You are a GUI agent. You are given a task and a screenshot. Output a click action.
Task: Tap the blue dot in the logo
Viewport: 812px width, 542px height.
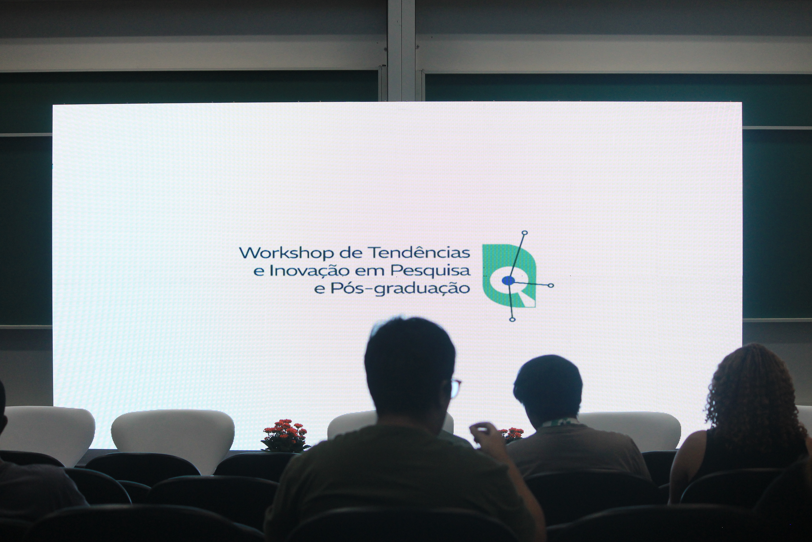click(x=508, y=280)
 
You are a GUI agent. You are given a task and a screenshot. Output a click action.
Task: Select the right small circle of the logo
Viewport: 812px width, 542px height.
click(x=551, y=286)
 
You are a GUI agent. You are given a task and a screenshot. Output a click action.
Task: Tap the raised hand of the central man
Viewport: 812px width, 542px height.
click(x=481, y=432)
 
